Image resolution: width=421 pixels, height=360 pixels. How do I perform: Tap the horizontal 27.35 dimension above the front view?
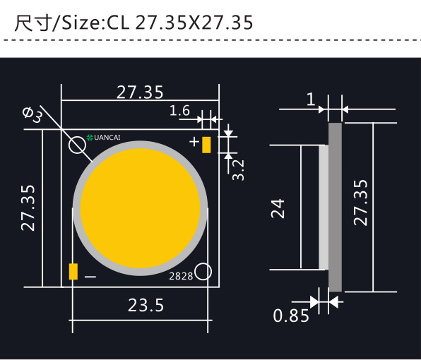(x=140, y=92)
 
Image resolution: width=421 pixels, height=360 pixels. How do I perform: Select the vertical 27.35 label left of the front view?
(x=28, y=209)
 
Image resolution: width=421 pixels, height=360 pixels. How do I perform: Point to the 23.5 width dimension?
(x=146, y=306)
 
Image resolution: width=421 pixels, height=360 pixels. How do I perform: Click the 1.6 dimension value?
(x=180, y=110)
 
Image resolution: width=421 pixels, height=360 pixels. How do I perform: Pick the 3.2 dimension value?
(x=238, y=169)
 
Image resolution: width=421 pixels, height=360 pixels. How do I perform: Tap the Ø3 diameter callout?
(x=32, y=115)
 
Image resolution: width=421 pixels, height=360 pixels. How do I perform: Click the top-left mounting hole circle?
(x=78, y=145)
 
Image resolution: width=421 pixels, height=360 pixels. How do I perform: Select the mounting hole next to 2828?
(x=203, y=272)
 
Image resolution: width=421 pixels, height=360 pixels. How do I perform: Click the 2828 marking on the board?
(x=181, y=277)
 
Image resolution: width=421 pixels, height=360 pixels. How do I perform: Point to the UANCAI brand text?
(x=109, y=138)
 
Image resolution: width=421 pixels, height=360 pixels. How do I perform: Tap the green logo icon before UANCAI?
(x=90, y=138)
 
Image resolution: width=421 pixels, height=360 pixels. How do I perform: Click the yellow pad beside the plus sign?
(x=206, y=144)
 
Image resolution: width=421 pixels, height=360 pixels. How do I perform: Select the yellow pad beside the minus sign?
(x=73, y=272)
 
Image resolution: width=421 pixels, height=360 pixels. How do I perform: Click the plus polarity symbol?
(x=194, y=142)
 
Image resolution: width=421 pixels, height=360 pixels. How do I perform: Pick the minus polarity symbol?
(x=90, y=277)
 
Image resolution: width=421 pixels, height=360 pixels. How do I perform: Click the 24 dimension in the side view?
(x=278, y=208)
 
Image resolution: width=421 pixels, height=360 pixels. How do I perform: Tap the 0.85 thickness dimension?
(x=291, y=316)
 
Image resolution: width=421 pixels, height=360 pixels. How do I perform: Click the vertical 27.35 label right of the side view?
(x=361, y=203)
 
